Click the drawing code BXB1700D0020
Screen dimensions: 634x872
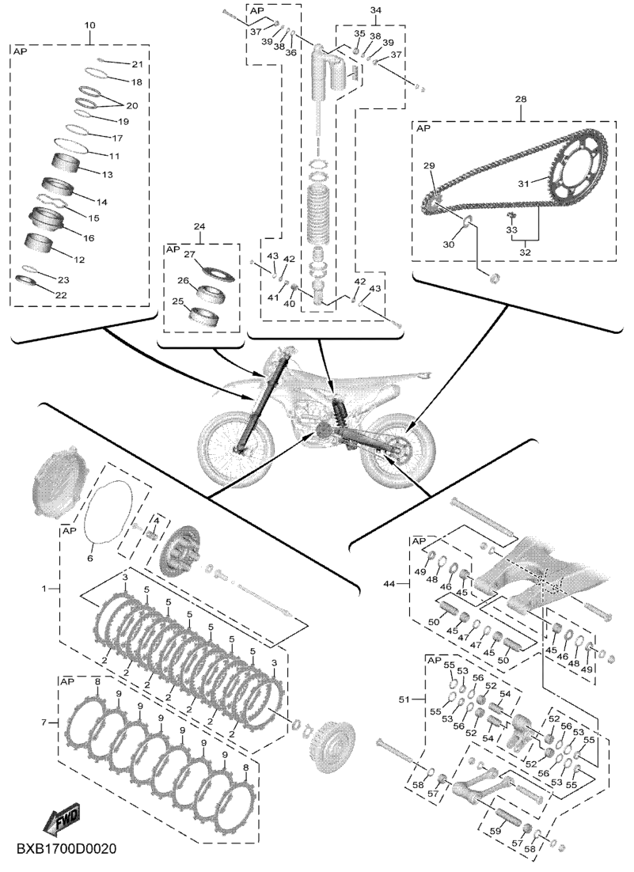point(66,850)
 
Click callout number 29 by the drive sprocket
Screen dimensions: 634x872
point(429,165)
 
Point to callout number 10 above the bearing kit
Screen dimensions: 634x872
point(90,25)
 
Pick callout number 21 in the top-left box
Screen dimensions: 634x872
point(137,65)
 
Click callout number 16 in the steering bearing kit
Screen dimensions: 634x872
point(89,238)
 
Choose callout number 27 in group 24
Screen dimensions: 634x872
point(190,254)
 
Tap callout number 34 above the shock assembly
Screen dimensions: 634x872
point(375,10)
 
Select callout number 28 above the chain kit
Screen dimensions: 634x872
point(521,99)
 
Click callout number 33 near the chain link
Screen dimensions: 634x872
point(511,229)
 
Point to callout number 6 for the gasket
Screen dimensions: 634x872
point(90,558)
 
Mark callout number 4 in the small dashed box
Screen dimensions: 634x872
point(157,520)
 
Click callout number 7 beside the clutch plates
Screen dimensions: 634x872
point(45,722)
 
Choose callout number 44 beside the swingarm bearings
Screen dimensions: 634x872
point(390,584)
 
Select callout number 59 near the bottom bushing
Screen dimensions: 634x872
point(495,832)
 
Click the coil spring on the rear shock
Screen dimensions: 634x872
point(319,214)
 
